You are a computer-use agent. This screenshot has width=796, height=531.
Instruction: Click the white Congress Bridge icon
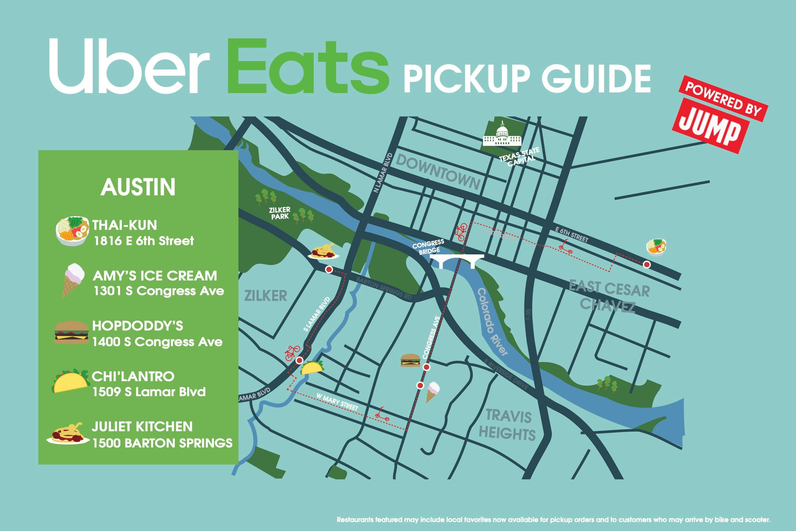click(457, 261)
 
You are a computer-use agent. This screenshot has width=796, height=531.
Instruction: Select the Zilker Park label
click(280, 213)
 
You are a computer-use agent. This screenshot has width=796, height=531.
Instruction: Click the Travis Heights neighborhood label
click(508, 425)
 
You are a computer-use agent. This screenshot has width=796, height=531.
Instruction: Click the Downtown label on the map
click(438, 172)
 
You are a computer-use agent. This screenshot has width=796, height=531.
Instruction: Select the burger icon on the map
click(410, 360)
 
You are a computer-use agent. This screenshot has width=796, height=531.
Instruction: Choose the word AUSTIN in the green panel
click(138, 187)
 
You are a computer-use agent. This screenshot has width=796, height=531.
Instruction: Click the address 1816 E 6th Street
click(144, 241)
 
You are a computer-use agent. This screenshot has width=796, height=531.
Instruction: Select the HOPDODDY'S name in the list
click(138, 326)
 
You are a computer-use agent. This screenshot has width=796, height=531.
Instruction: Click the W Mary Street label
click(337, 402)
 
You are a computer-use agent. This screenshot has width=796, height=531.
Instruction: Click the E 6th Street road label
click(572, 235)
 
